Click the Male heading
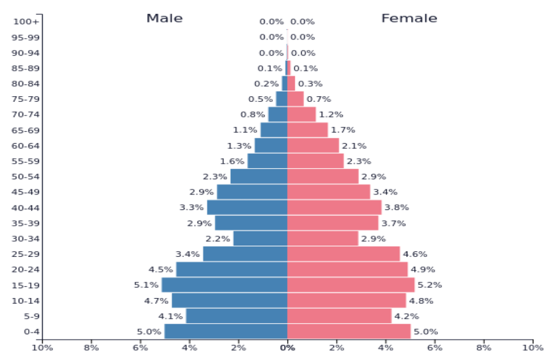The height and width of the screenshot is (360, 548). (165, 18)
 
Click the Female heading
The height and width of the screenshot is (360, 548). (409, 18)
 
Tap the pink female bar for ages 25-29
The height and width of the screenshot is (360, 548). (343, 254)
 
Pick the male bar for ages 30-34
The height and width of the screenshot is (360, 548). (260, 238)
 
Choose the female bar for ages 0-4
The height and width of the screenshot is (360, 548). (348, 331)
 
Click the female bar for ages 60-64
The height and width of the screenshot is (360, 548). (313, 146)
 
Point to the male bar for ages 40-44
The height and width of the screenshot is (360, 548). (246, 207)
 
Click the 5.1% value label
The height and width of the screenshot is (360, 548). (146, 285)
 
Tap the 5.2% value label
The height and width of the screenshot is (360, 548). (430, 285)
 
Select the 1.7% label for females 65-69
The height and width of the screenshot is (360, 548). (343, 130)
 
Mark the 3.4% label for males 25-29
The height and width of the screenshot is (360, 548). (188, 254)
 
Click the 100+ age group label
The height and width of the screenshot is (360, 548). (26, 22)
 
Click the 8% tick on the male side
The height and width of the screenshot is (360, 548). (91, 347)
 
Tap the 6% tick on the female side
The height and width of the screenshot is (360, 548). (435, 347)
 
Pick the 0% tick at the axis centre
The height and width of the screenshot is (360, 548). (287, 347)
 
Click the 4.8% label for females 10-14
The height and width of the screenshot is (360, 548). (421, 301)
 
